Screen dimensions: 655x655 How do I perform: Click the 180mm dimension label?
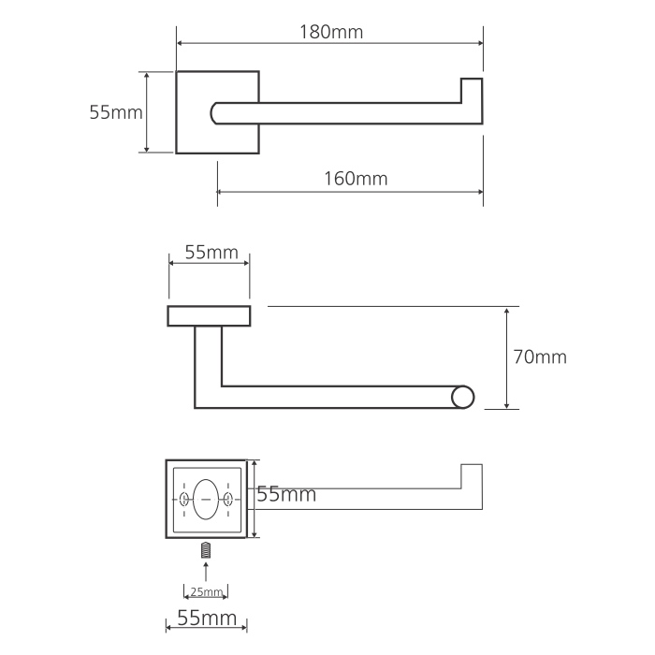coord(331,32)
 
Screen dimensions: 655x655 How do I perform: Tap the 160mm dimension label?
coord(356,179)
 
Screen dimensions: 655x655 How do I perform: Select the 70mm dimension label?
coord(540,357)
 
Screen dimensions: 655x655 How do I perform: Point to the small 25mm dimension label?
coord(207,592)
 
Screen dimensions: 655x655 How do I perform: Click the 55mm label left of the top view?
coord(116,112)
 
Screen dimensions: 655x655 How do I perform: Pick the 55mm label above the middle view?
coord(211,253)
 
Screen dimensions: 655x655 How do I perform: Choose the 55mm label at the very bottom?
coord(207,618)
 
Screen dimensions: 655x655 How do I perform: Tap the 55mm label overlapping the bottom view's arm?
coord(286,494)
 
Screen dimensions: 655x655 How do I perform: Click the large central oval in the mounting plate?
coord(206,499)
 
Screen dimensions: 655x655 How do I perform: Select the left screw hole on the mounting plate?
coord(183,499)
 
